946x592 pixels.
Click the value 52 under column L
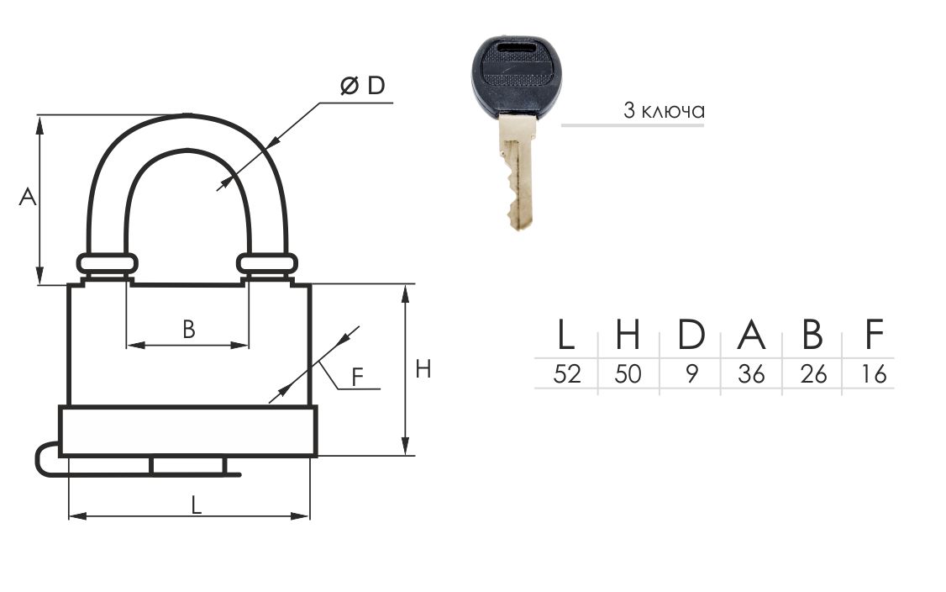click(x=566, y=374)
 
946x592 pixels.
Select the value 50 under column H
click(x=628, y=374)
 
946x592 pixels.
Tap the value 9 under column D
click(x=691, y=374)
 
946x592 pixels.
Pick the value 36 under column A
click(x=751, y=374)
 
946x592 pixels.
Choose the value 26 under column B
click(x=812, y=374)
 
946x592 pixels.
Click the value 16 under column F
click(x=874, y=374)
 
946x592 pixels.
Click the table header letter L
click(x=565, y=335)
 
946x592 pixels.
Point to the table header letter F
click(x=875, y=335)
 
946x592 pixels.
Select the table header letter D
click(x=691, y=335)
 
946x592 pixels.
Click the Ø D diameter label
click(x=362, y=86)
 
